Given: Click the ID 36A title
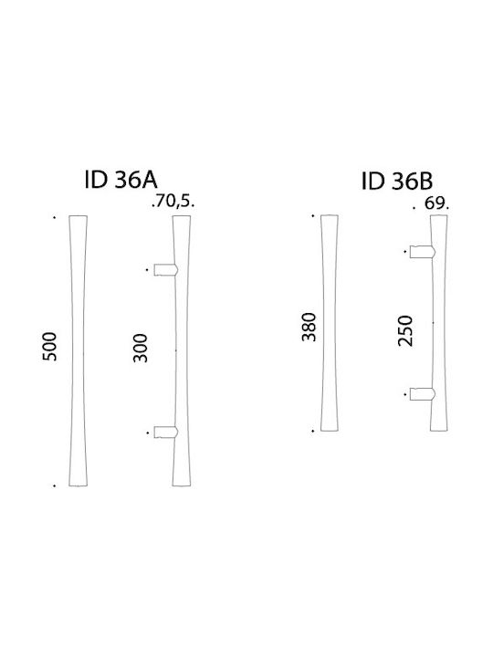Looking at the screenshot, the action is pyautogui.click(x=121, y=180).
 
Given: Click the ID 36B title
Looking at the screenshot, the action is pyautogui.click(x=397, y=182).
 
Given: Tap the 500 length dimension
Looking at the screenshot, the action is pyautogui.click(x=49, y=346).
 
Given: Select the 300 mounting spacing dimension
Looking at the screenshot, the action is pyautogui.click(x=141, y=348).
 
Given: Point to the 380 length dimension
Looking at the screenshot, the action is pyautogui.click(x=309, y=327).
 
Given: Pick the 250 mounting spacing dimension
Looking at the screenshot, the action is pyautogui.click(x=405, y=330).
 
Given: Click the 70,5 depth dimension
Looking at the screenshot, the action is pyautogui.click(x=173, y=203).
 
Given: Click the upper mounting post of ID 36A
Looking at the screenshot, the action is pyautogui.click(x=166, y=270).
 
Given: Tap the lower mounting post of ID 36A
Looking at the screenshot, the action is pyautogui.click(x=166, y=432).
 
